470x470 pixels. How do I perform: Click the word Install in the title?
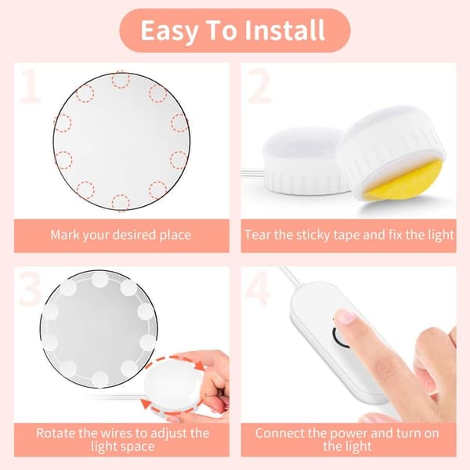pyautogui.click(x=285, y=30)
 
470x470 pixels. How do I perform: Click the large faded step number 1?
pyautogui.click(x=30, y=85)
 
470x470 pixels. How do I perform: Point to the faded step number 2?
pyautogui.click(x=259, y=85)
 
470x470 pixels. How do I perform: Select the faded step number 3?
pyautogui.click(x=30, y=289)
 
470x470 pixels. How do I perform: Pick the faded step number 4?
pyautogui.click(x=258, y=289)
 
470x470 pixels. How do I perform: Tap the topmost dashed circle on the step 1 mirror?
pyautogui.click(x=121, y=80)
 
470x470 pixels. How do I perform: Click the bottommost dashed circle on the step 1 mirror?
pyautogui.click(x=121, y=203)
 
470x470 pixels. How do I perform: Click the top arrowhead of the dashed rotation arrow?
pyautogui.click(x=198, y=365)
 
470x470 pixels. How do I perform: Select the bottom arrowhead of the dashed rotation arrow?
pyautogui.click(x=146, y=403)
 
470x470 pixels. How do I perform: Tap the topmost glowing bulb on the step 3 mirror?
pyautogui.click(x=100, y=280)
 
